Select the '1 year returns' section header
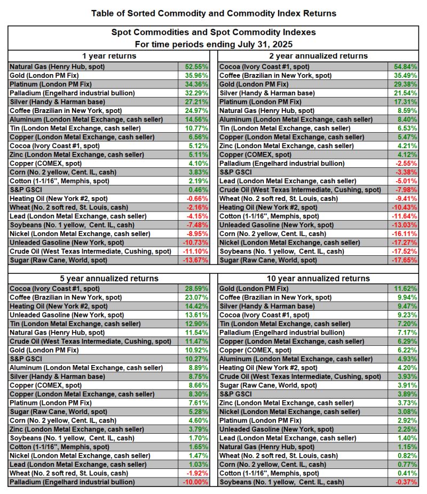109,56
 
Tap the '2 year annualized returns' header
319,56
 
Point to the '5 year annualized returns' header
109,278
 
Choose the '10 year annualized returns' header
319,278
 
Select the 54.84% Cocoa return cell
404,67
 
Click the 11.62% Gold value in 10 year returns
404,288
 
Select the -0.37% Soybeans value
404,482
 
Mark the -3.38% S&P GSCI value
404,172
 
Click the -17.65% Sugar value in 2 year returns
404,260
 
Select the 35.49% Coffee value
404,75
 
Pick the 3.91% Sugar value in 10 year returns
404,385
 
